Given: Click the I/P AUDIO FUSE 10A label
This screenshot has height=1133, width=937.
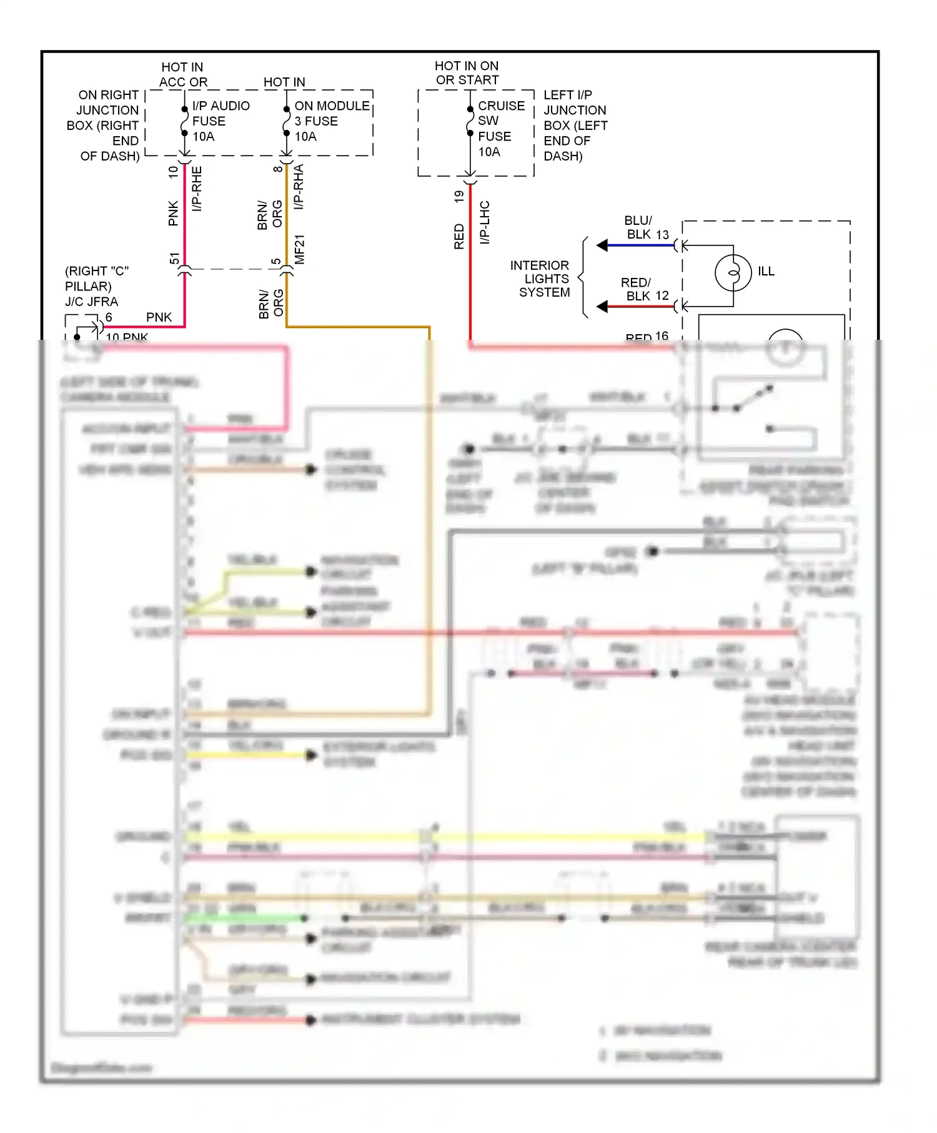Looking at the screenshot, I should point(221,121).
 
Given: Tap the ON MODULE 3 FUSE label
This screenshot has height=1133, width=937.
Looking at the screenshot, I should point(331,121).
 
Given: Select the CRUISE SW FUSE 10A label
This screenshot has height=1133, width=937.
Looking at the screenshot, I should point(501,129).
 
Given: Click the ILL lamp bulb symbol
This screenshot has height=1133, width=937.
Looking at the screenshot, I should point(733,272).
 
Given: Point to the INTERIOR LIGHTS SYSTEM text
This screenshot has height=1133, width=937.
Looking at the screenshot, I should point(541,279).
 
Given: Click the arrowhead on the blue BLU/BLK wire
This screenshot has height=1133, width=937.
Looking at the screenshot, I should point(602,245).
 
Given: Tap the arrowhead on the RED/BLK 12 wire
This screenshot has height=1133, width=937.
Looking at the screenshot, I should point(602,307).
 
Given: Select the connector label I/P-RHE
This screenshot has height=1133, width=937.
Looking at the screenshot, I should point(197,189).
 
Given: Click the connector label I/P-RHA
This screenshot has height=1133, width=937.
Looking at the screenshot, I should point(299,186).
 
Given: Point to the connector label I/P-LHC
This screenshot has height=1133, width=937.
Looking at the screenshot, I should point(485,222).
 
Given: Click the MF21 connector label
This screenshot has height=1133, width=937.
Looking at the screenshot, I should point(300,249).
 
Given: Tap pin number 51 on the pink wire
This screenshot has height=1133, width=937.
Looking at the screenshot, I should point(174,259).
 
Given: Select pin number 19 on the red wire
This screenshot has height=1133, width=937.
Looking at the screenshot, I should point(459,196).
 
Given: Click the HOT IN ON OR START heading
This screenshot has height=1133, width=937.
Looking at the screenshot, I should point(467,73).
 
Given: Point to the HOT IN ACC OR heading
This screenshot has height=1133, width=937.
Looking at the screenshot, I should point(182,74).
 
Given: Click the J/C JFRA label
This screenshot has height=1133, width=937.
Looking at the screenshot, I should point(91,302).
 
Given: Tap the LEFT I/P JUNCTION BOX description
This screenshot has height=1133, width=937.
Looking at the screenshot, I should point(575,125).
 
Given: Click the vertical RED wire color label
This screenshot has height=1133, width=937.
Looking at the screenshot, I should point(459,237).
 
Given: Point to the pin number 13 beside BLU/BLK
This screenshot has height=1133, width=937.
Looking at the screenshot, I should point(662,234).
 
